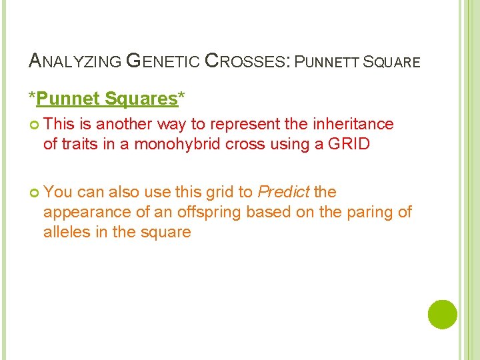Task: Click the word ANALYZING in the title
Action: [x=74, y=61]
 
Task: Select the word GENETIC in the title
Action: [x=162, y=61]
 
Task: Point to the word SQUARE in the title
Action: [x=393, y=62]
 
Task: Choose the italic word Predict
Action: [x=283, y=192]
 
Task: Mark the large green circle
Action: [x=442, y=315]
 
